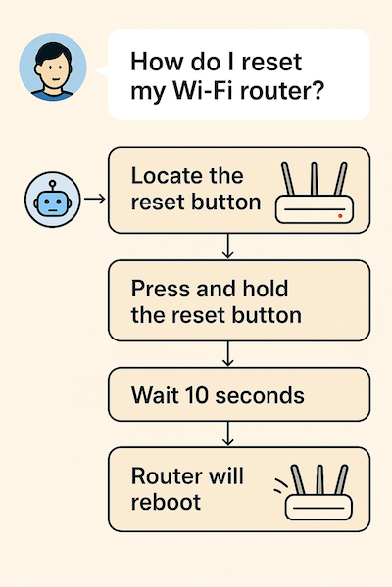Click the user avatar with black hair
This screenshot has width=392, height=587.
coord(53,68)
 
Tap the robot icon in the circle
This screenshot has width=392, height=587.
coord(53,200)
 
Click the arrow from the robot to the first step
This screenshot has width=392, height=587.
coord(94,199)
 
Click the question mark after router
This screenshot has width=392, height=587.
coord(317,90)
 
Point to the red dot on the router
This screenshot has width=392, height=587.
coord(340,216)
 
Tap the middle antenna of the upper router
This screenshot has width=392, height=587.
coord(315,179)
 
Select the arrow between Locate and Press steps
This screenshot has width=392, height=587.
coord(227,246)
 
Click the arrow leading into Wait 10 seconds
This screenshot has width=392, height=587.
coord(227,353)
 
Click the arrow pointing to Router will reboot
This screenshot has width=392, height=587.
coord(227,433)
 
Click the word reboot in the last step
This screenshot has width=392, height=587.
coord(166,502)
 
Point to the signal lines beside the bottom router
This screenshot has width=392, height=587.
coord(281,485)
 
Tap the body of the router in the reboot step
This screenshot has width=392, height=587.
coord(318,507)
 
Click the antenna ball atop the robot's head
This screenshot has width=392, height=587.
coord(53,183)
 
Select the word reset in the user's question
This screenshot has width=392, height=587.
coord(271,62)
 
